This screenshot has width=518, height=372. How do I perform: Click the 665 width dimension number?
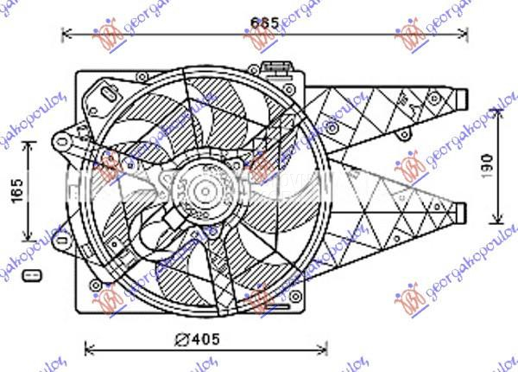(263, 23)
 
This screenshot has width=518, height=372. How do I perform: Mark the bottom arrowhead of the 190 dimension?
(501, 218)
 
